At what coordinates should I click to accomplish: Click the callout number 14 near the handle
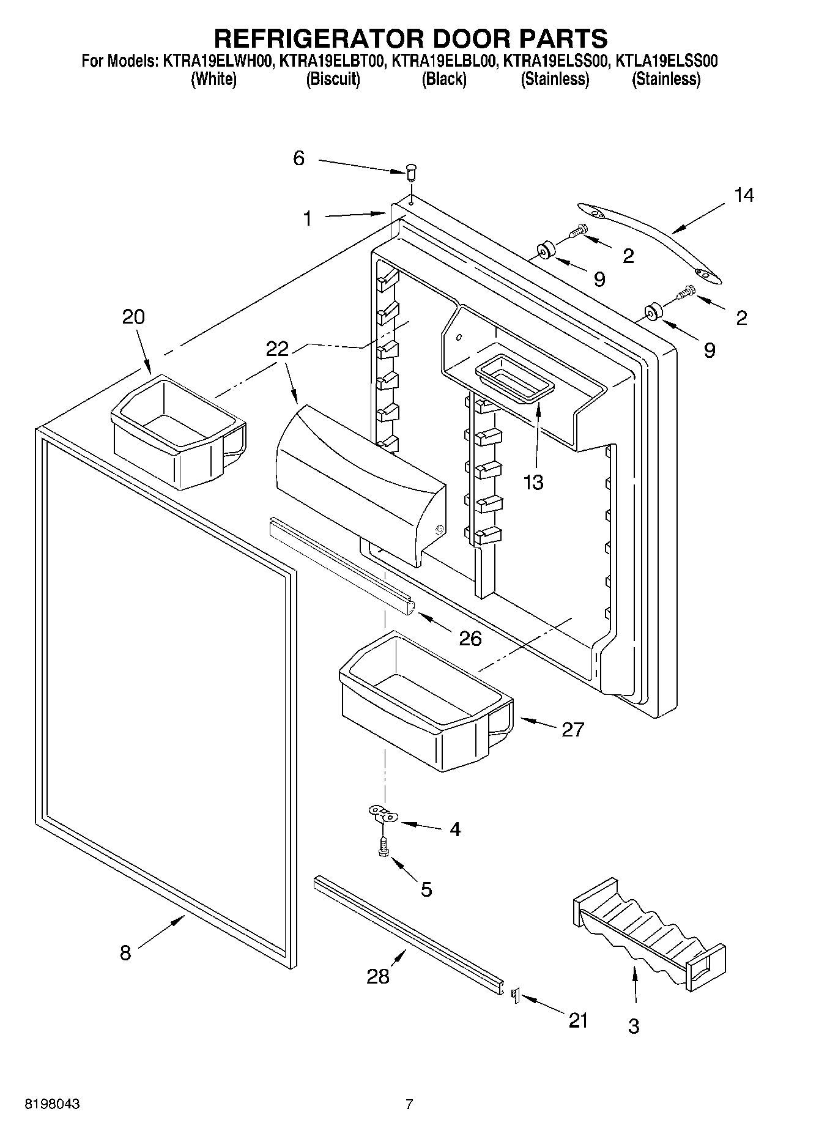pyautogui.click(x=744, y=196)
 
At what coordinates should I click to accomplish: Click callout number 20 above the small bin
pyautogui.click(x=133, y=317)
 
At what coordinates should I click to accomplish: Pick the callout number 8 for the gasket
pyautogui.click(x=125, y=953)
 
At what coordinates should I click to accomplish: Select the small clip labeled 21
pyautogui.click(x=514, y=996)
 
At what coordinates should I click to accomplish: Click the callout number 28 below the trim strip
pyautogui.click(x=377, y=976)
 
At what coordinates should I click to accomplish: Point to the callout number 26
pyautogui.click(x=470, y=639)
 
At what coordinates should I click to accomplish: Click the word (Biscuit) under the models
pyautogui.click(x=333, y=79)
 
